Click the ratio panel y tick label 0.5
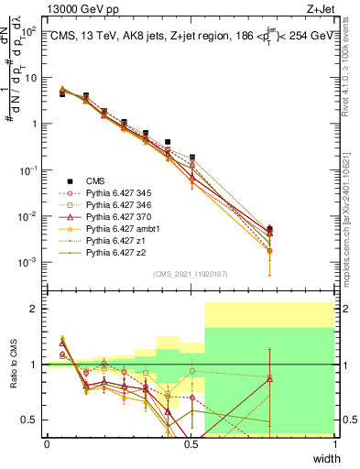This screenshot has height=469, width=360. [x=30, y=420]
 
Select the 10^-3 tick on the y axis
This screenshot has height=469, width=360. [x=27, y=262]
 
